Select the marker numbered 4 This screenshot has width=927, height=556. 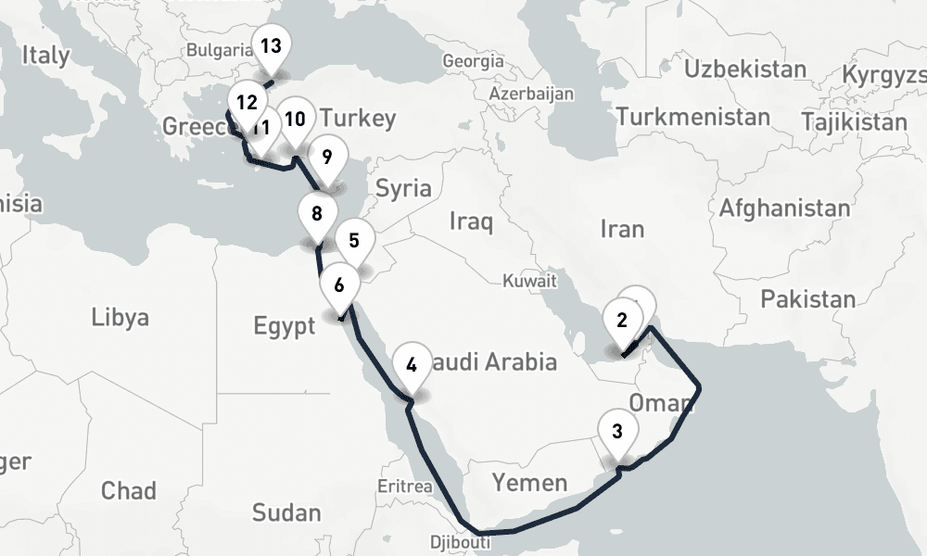tap(412, 364)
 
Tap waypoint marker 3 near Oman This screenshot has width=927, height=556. tap(617, 431)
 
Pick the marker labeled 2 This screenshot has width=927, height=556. tap(621, 322)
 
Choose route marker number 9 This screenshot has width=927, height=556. tap(326, 157)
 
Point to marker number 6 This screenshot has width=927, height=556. tap(339, 284)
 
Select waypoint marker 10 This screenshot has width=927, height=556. tap(295, 120)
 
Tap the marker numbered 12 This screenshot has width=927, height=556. tap(246, 103)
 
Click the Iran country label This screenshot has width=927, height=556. tap(622, 227)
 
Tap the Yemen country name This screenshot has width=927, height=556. tap(529, 482)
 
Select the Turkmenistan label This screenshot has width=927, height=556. tap(692, 118)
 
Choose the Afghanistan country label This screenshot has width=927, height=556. tap(784, 208)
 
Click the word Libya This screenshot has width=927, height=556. tap(120, 318)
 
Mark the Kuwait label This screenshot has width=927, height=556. tap(529, 280)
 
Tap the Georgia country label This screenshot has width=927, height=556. tap(473, 61)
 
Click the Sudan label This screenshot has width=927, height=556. tap(286, 512)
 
